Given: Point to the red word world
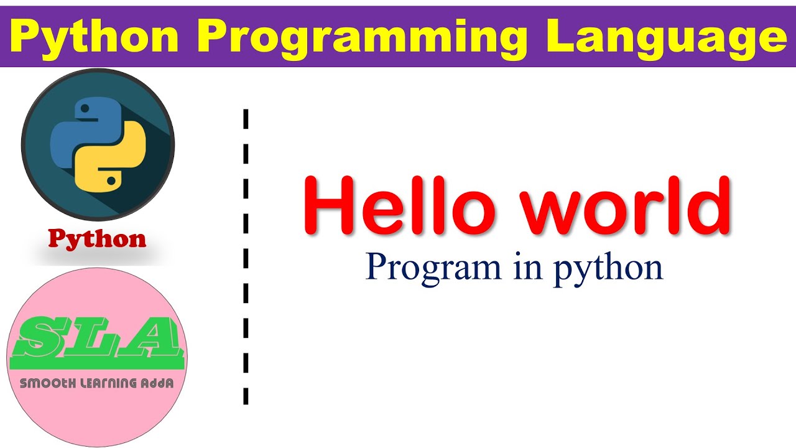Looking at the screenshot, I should (625, 205).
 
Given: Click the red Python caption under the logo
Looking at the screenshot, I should (97, 238).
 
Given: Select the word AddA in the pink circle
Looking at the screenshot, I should (157, 383).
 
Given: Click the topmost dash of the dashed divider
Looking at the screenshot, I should (246, 119).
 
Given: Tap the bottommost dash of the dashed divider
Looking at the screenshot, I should (246, 396).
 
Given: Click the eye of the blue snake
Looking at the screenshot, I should (85, 108).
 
